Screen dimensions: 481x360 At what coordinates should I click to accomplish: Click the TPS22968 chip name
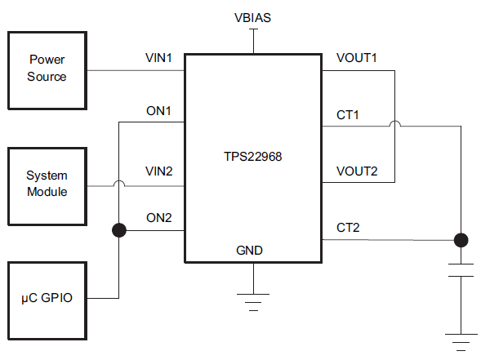coord(253,157)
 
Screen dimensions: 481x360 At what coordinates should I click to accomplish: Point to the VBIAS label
coord(253,18)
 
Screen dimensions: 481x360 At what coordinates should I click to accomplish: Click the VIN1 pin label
coord(158,58)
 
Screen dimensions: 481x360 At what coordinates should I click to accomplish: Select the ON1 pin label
coord(158,111)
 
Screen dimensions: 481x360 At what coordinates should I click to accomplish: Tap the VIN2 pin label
coord(159,171)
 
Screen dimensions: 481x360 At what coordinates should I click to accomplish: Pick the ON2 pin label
coord(159,218)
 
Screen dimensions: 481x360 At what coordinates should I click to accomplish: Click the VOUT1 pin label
coord(356,58)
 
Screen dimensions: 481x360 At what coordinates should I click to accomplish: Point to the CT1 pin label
coord(348,115)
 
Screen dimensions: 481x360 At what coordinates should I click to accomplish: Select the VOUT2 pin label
coord(357,171)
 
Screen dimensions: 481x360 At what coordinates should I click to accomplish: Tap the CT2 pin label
coord(348,228)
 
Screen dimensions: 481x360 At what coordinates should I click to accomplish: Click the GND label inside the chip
coord(249,251)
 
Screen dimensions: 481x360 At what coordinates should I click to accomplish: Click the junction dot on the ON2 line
coord(119,230)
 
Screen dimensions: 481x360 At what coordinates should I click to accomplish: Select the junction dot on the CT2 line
coord(461,240)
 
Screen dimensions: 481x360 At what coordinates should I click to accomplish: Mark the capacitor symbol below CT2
coord(461,270)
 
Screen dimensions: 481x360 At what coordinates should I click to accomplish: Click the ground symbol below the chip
coord(253,302)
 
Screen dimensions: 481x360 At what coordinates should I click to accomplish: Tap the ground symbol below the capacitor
coord(461,342)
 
